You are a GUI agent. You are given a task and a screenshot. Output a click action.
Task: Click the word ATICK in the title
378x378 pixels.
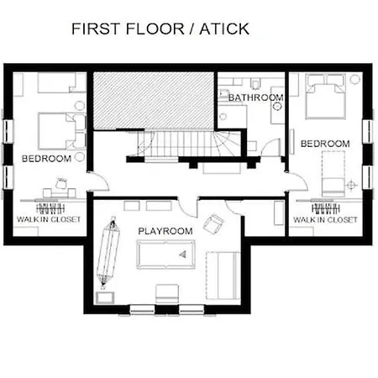224,29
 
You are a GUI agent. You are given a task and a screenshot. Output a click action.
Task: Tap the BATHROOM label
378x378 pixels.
256,97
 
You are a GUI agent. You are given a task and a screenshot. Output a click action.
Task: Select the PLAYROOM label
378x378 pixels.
165,231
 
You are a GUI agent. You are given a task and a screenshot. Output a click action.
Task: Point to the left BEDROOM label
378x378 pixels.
46,159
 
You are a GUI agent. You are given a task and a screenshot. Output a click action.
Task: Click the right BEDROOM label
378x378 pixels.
325,144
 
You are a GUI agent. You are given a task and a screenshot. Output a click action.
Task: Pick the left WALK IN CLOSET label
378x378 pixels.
49,219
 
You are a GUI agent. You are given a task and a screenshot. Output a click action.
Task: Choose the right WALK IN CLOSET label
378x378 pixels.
325,219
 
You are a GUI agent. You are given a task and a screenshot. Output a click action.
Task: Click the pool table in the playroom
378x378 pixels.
165,255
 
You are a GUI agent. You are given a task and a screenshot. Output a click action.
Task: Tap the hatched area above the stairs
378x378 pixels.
154,101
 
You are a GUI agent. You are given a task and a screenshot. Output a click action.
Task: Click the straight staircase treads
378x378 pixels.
175,144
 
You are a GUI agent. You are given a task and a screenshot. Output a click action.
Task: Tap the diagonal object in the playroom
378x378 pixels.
108,252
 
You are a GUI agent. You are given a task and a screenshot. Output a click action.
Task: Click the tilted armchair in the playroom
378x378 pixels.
213,223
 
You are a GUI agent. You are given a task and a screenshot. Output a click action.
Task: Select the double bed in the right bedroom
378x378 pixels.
326,97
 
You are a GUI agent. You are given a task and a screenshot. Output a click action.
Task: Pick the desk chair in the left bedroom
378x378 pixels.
61,183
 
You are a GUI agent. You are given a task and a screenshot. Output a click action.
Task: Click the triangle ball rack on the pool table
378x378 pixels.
183,255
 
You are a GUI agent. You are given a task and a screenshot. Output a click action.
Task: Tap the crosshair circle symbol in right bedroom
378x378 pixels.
351,185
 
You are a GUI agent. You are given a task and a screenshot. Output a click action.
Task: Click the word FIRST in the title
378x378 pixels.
97,29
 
